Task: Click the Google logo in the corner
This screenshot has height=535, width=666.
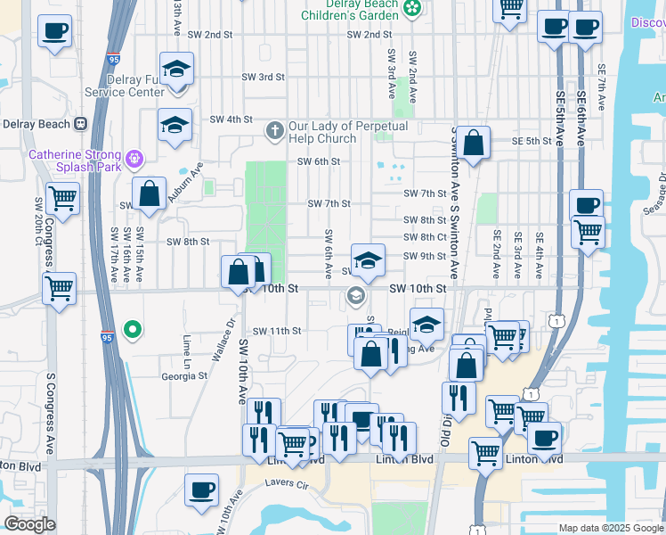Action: (29, 524)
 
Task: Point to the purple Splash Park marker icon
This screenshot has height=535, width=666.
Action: (134, 160)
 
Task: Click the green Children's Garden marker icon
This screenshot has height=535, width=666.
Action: (412, 8)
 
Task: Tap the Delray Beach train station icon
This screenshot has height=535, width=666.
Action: (81, 123)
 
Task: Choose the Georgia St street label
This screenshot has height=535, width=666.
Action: (184, 376)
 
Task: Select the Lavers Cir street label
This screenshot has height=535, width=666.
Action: (287, 484)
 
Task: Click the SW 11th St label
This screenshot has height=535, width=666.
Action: (277, 331)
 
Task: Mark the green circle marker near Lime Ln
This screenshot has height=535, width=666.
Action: (134, 330)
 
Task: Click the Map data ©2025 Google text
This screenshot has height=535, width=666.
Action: (611, 528)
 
